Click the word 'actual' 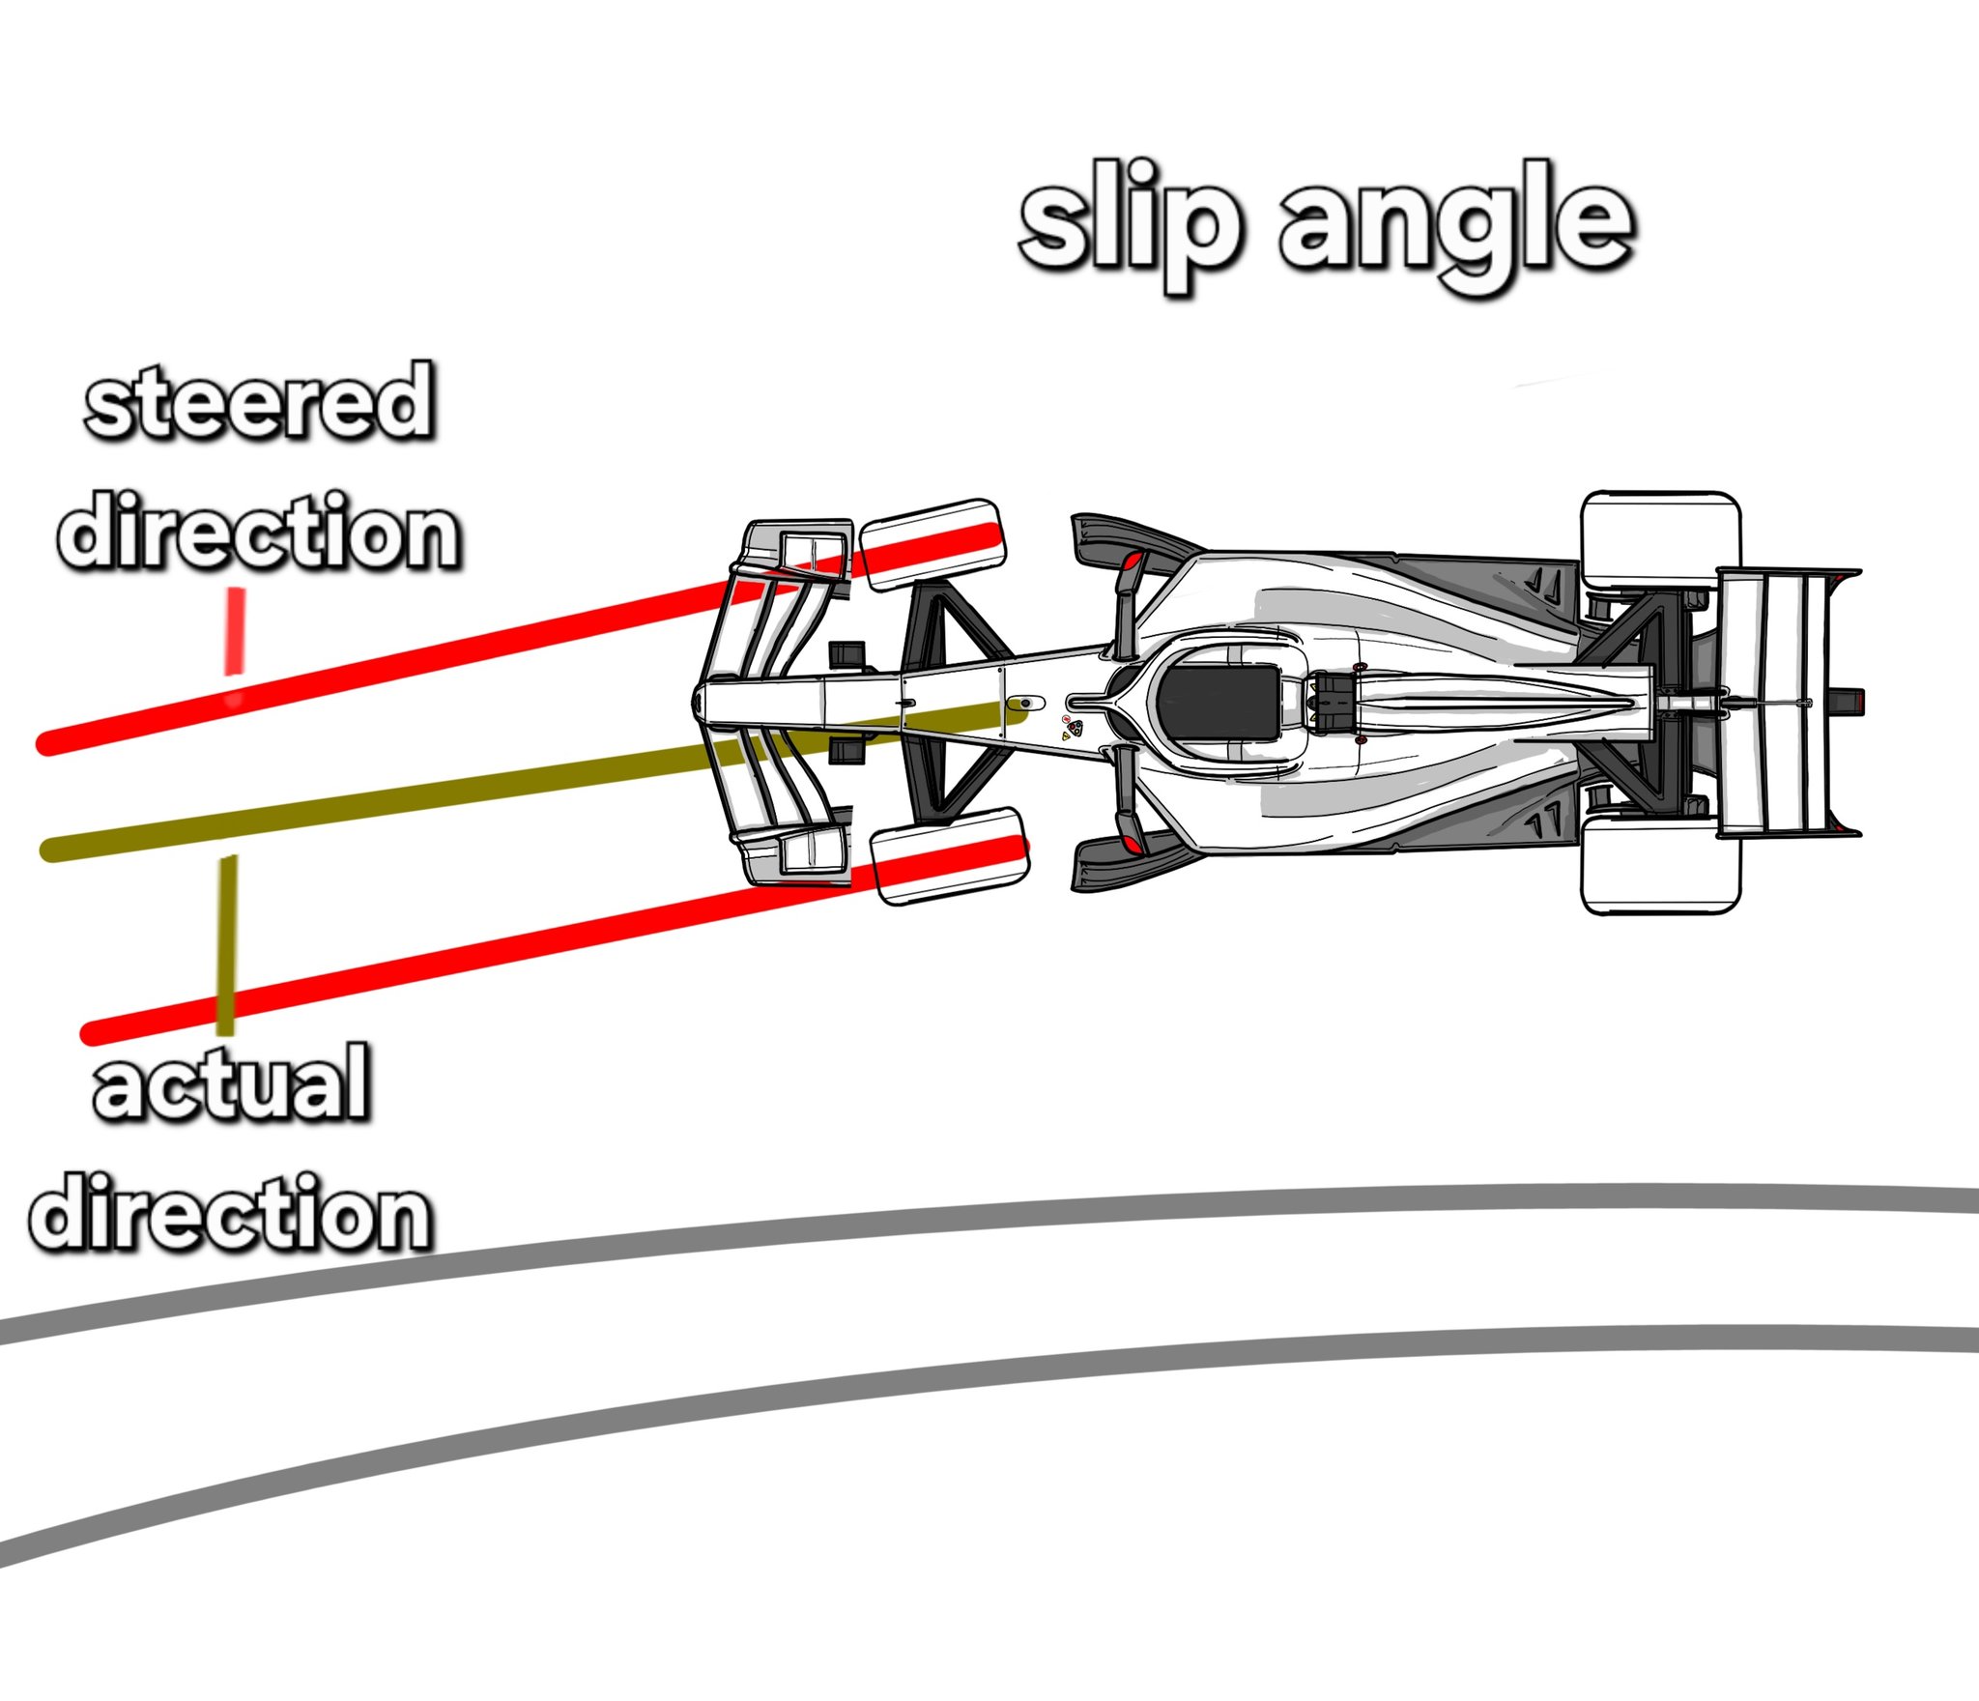pos(232,1082)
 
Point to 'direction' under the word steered pos(259,532)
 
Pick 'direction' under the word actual pos(232,1214)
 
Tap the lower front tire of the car pos(948,855)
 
